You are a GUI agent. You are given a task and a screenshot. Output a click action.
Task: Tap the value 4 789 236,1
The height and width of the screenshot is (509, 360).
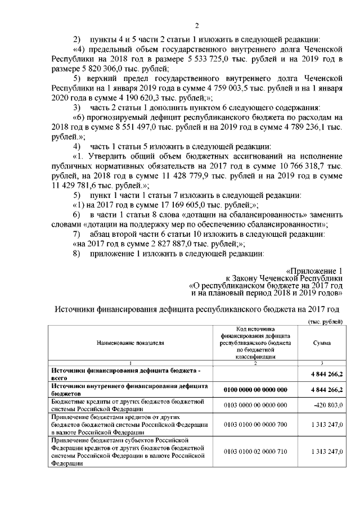pos(301,128)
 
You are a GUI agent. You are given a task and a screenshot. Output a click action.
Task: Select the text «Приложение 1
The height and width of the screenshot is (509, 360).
pos(314,271)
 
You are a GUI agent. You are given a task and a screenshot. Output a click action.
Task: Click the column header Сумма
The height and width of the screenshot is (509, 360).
pos(321,343)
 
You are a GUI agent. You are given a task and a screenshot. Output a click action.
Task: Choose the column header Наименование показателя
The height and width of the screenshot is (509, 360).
pos(130,343)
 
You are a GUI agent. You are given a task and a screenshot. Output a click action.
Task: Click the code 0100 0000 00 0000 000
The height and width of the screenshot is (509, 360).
pos(256,390)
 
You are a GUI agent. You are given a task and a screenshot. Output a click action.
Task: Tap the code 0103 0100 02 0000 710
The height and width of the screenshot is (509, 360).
pos(256,451)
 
